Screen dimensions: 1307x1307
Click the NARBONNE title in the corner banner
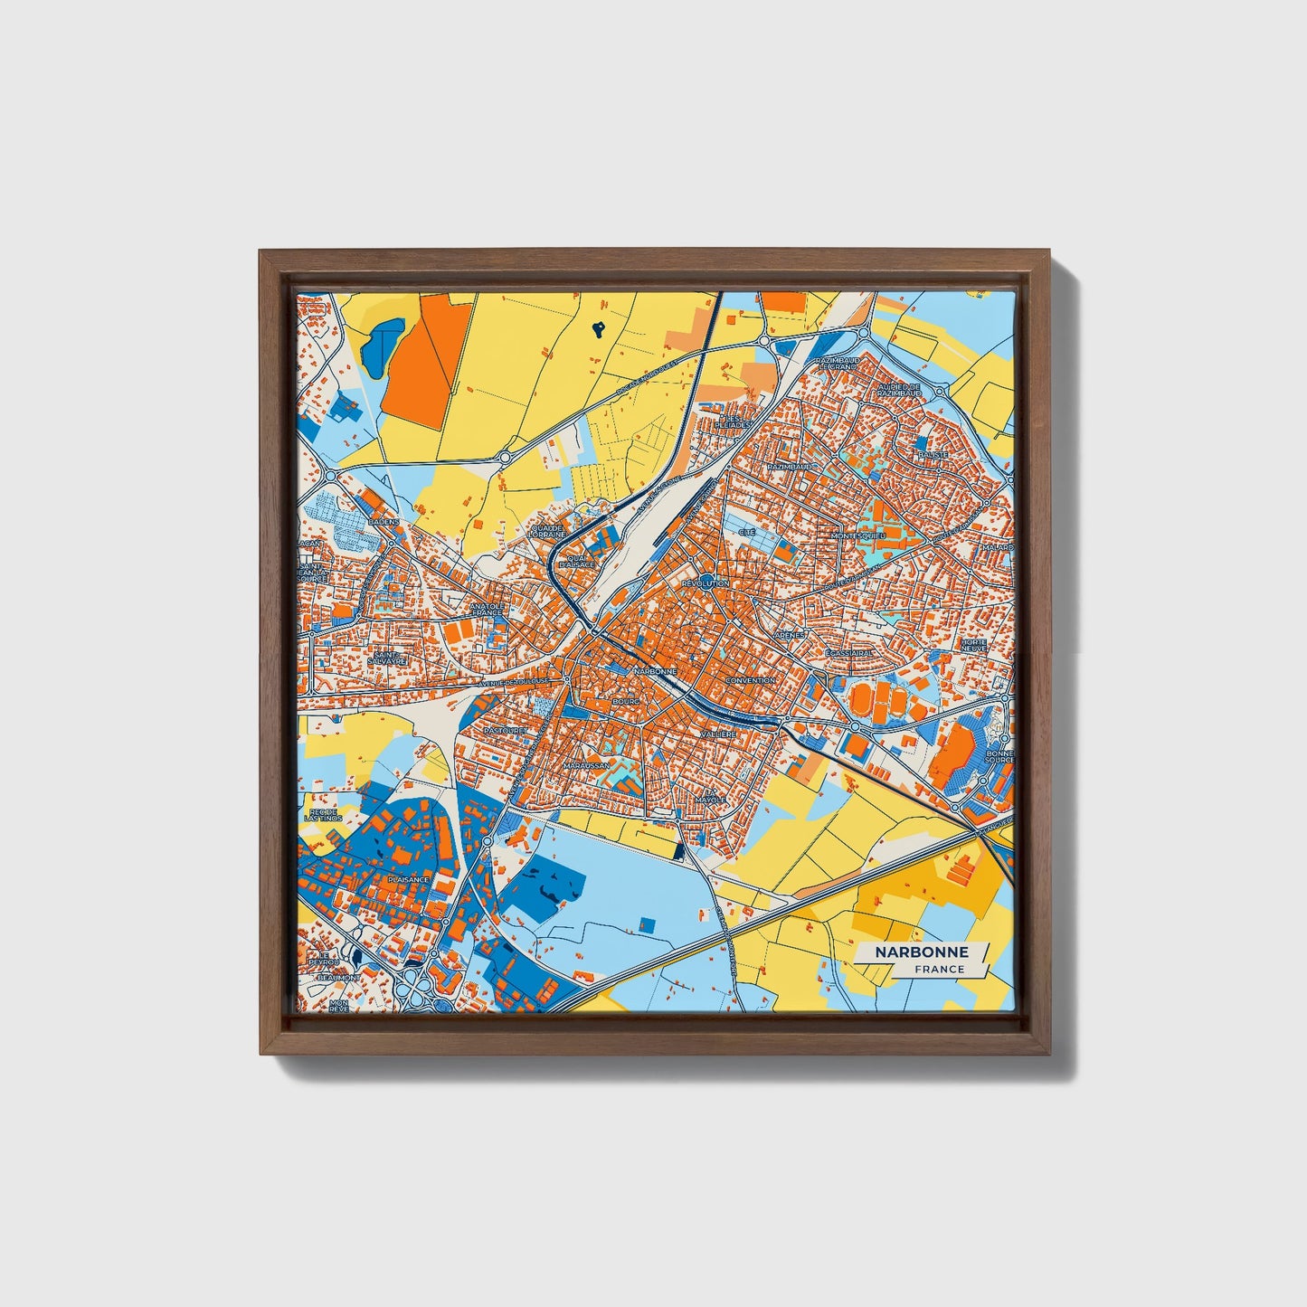(921, 952)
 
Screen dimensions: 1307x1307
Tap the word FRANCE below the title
(938, 969)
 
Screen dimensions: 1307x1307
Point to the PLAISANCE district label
(407, 878)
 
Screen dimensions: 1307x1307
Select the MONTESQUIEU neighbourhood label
(857, 535)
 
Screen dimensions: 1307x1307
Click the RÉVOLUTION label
(706, 584)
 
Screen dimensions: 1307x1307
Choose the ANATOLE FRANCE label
(486, 609)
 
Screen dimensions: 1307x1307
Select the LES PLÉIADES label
(734, 421)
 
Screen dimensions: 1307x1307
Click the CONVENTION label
(750, 680)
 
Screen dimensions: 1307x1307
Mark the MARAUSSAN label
(586, 765)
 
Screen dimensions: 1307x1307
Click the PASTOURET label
(504, 729)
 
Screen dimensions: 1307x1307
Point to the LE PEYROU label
(322, 959)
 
